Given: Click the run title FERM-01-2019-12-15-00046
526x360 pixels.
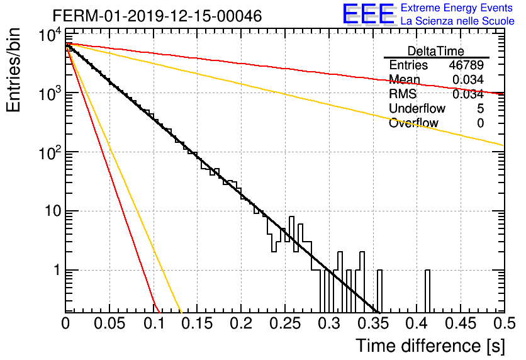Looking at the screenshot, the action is point(157,16).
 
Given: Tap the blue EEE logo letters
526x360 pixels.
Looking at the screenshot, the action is point(368,14).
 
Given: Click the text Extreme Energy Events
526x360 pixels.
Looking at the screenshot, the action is point(457,8).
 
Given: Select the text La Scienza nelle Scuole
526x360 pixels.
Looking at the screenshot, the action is point(457,21).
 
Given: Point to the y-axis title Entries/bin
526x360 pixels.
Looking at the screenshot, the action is point(13,70).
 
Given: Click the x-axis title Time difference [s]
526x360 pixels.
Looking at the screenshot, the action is point(430,346).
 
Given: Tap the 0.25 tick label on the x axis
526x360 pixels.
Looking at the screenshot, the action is point(285,323).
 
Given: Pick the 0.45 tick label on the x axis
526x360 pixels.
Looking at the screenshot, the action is point(461,323).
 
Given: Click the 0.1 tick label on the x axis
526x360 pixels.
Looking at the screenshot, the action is point(154,323).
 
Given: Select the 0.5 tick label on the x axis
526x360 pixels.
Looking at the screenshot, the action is point(504,323).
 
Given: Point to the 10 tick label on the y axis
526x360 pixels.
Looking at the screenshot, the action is point(52,211).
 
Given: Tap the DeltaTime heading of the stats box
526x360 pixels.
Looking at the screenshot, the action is point(436,51).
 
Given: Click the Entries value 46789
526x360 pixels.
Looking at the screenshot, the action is point(466,65).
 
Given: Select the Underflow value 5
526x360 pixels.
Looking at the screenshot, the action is point(480,108).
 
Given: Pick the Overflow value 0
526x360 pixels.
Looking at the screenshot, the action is point(480,123).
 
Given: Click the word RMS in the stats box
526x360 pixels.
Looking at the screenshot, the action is point(403,94).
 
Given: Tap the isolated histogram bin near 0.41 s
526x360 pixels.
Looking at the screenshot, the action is point(427,291).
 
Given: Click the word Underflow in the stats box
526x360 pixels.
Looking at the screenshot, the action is point(417,108).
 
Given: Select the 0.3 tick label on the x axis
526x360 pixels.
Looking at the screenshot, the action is point(329,323).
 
